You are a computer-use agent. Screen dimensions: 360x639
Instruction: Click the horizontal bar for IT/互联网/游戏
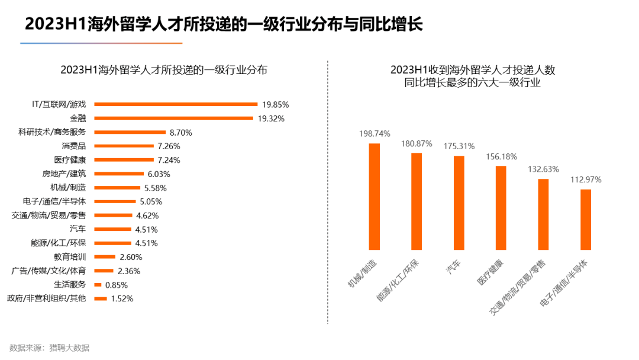tap(176, 104)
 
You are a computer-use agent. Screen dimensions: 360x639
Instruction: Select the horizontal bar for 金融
tap(173, 118)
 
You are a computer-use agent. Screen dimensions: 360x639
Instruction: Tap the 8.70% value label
tap(180, 132)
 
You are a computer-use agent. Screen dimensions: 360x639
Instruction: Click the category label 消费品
tap(74, 146)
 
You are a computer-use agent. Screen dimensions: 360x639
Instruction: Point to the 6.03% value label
tap(159, 174)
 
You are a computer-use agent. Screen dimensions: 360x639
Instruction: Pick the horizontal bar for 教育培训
tap(105, 257)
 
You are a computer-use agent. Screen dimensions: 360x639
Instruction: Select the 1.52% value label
tap(122, 298)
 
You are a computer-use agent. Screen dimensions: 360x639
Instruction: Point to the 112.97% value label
tap(586, 179)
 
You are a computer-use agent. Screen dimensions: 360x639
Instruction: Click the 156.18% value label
tap(501, 157)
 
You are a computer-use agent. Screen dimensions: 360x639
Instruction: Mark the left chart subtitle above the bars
tap(164, 70)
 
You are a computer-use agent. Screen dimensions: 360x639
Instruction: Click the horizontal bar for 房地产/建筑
tap(119, 174)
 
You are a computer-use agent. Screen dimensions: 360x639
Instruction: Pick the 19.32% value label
tap(270, 118)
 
